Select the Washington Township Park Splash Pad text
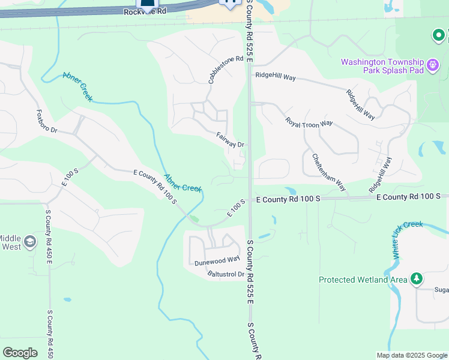382,66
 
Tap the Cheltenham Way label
328,171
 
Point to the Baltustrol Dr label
226,275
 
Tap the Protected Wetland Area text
363,280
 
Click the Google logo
20,353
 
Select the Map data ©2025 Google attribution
411,355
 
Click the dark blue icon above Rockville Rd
146,3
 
